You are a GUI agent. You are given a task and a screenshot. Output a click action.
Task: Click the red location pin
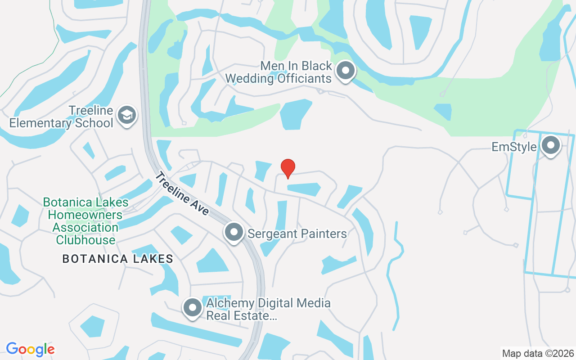point(288,168)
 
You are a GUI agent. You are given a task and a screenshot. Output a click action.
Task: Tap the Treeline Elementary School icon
point(127,115)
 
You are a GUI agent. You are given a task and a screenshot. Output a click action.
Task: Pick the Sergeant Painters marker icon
point(234,233)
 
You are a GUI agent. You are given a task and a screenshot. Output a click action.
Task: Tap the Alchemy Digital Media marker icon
point(193,308)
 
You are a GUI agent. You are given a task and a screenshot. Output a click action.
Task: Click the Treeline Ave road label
point(182,193)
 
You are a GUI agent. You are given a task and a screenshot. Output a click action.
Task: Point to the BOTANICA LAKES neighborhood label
point(118,259)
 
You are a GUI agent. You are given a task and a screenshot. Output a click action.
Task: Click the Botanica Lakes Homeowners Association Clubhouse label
point(85,221)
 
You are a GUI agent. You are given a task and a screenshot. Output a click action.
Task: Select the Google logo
point(30,349)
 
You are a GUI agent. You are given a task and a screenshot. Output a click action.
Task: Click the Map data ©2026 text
point(538,353)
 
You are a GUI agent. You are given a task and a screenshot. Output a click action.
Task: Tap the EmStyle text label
point(514,147)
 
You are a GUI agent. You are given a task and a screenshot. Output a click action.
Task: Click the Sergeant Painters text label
point(297,234)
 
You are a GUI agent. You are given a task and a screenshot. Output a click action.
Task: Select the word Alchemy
point(229,303)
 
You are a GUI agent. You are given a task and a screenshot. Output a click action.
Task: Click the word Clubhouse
point(85,240)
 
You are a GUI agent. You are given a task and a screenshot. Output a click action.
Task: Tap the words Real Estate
point(241,315)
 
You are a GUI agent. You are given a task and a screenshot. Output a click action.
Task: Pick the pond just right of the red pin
point(304,189)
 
